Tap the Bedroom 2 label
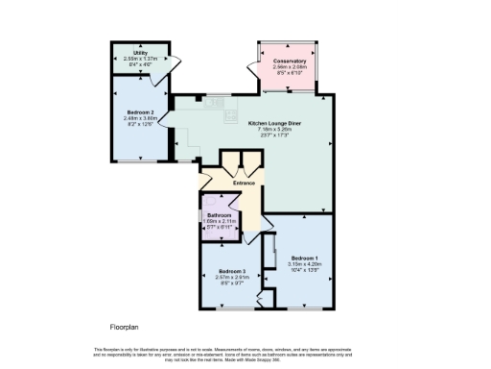(139, 112)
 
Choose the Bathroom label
(220, 214)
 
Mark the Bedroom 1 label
(304, 258)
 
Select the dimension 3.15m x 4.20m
(304, 263)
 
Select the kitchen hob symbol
(229, 115)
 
